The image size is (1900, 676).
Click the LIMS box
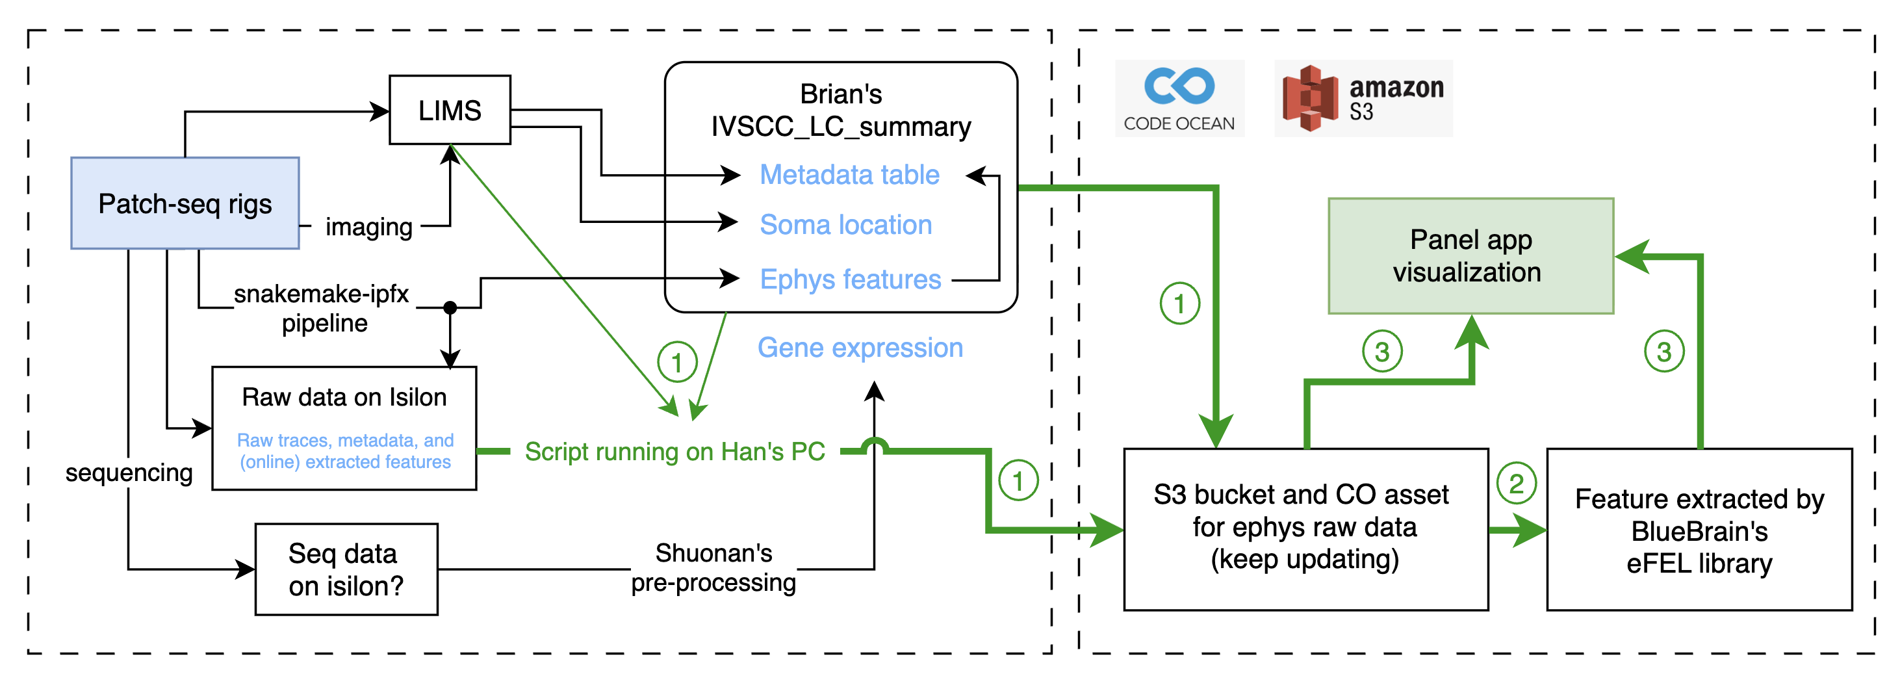pyautogui.click(x=450, y=110)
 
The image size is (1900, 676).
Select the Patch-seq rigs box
pyautogui.click(x=185, y=203)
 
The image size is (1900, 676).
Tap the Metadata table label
pyautogui.click(x=850, y=175)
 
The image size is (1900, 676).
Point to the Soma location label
pyautogui.click(x=846, y=224)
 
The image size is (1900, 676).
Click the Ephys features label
pyautogui.click(x=851, y=279)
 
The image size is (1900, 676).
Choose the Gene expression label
pyautogui.click(x=860, y=348)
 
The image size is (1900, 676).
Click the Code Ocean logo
pyautogui.click(x=1179, y=98)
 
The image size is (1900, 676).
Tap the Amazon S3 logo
pyautogui.click(x=1363, y=98)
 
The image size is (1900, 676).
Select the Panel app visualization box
pyautogui.click(x=1470, y=256)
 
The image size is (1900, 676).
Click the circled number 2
pyautogui.click(x=1517, y=484)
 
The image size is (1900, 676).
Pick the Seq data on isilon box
pyautogui.click(x=346, y=569)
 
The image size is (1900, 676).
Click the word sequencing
pyautogui.click(x=129, y=473)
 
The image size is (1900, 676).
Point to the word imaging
pyautogui.click(x=369, y=227)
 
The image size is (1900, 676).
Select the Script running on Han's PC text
pyautogui.click(x=675, y=452)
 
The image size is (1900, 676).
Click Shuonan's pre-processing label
pyautogui.click(x=713, y=567)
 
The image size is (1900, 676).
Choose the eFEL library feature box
pyautogui.click(x=1699, y=530)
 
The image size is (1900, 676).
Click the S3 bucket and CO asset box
pyautogui.click(x=1305, y=530)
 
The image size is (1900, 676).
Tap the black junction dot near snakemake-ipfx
pyautogui.click(x=450, y=307)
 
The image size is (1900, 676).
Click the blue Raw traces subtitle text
pyautogui.click(x=345, y=451)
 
